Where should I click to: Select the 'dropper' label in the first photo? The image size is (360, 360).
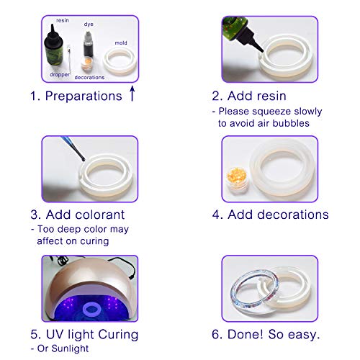click(58, 74)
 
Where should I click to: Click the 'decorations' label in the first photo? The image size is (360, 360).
click(90, 77)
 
